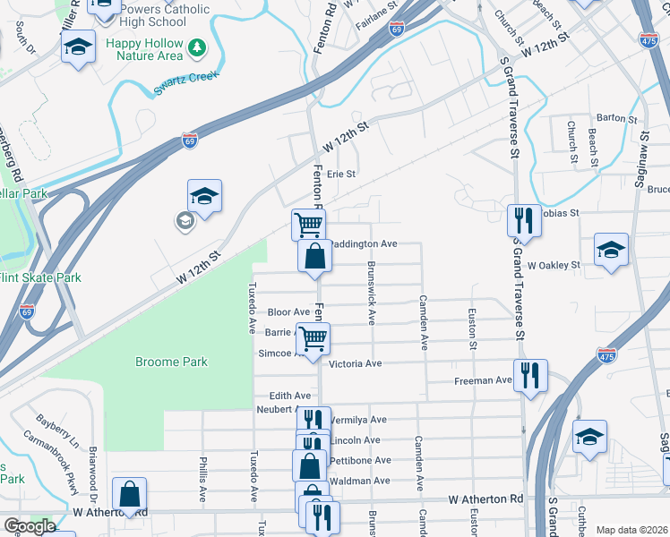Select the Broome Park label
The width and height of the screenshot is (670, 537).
click(171, 362)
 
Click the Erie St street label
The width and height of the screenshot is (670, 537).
click(341, 174)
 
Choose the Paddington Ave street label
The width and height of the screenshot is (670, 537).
click(363, 243)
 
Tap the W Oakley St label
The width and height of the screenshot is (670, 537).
click(554, 265)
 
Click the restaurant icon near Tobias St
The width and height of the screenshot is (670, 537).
click(521, 220)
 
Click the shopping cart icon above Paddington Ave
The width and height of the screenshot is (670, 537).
click(308, 224)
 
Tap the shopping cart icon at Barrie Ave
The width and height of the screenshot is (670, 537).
click(313, 338)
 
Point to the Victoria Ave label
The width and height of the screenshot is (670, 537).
click(356, 364)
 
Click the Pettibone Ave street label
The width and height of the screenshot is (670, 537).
click(360, 460)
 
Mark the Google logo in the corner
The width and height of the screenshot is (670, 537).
click(29, 526)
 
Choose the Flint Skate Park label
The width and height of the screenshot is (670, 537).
click(40, 277)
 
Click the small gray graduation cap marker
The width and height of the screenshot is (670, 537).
click(185, 220)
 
